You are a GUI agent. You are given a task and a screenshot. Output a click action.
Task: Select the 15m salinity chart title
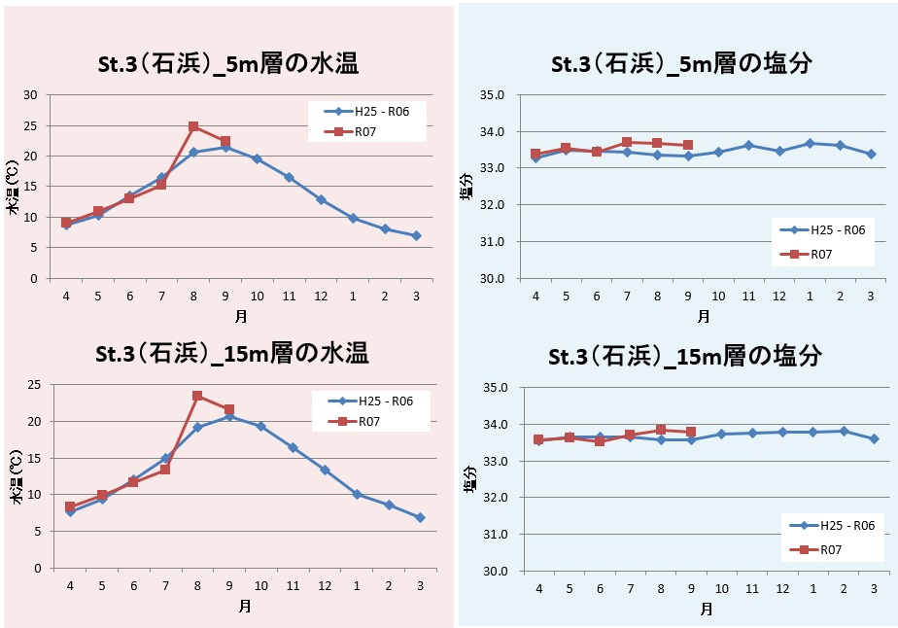684,356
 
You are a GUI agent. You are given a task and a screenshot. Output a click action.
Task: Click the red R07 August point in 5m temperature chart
193,126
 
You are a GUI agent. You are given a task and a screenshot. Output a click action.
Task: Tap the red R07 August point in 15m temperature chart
197,396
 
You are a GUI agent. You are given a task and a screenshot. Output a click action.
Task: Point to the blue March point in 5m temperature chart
416,236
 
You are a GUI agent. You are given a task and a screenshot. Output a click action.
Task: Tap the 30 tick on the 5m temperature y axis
30,95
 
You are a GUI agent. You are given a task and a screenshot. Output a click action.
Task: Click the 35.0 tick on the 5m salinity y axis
493,95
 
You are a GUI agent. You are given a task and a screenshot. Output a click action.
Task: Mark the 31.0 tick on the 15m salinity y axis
495,534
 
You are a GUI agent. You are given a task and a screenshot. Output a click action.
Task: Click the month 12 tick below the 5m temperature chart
321,296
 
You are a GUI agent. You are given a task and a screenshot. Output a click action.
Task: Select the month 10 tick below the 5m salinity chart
718,296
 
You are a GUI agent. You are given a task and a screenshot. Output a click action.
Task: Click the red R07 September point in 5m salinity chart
688,145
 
